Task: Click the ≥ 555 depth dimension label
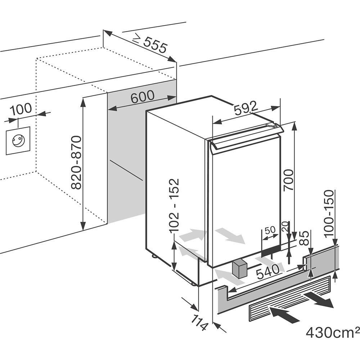tap(150, 44)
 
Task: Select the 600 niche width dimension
tap(142, 97)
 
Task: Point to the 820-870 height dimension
tap(77, 163)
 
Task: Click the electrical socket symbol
tap(18, 141)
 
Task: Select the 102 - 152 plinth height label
tap(175, 206)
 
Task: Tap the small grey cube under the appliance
tap(239, 269)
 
